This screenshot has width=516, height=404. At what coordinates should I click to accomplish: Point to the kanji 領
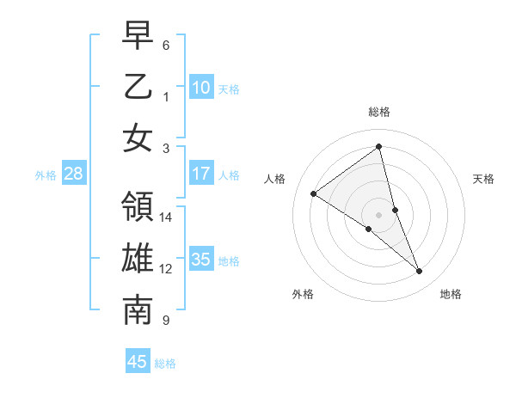pyautogui.click(x=138, y=206)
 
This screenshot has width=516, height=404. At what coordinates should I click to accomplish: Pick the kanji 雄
pyautogui.click(x=138, y=259)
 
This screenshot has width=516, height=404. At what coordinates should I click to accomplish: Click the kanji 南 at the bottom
pyautogui.click(x=138, y=310)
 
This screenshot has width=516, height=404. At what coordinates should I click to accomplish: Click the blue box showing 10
pyautogui.click(x=201, y=87)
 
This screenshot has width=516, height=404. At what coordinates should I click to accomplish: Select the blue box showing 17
pyautogui.click(x=201, y=174)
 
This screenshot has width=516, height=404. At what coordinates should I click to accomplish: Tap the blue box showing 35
pyautogui.click(x=201, y=260)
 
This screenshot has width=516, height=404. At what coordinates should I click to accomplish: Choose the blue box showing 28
pyautogui.click(x=73, y=174)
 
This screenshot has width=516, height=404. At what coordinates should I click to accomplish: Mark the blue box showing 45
pyautogui.click(x=138, y=362)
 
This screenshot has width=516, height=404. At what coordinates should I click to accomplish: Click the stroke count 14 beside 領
pyautogui.click(x=166, y=217)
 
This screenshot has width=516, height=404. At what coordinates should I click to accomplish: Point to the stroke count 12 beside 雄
pyautogui.click(x=166, y=269)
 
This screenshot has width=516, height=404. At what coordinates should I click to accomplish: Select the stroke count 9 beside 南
pyautogui.click(x=166, y=321)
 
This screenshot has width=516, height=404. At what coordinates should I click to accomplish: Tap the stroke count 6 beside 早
pyautogui.click(x=166, y=45)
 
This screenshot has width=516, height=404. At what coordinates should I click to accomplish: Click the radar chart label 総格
pyautogui.click(x=379, y=112)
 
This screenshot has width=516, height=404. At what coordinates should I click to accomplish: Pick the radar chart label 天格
pyautogui.click(x=483, y=179)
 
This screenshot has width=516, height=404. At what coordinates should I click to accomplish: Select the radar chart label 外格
pyautogui.click(x=303, y=294)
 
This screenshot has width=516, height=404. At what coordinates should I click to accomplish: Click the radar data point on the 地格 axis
pyautogui.click(x=420, y=272)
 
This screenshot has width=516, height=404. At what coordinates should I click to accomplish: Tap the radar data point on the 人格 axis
pyautogui.click(x=314, y=193)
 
